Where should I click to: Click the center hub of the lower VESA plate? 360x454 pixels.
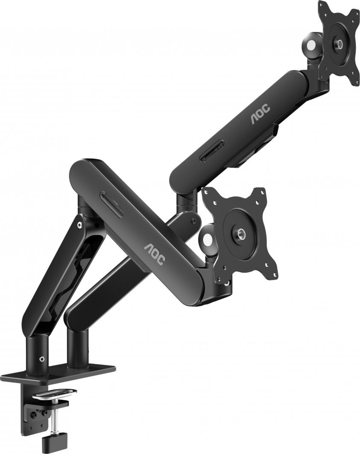pos(240,233)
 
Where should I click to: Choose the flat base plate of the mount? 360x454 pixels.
pos(60,373)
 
